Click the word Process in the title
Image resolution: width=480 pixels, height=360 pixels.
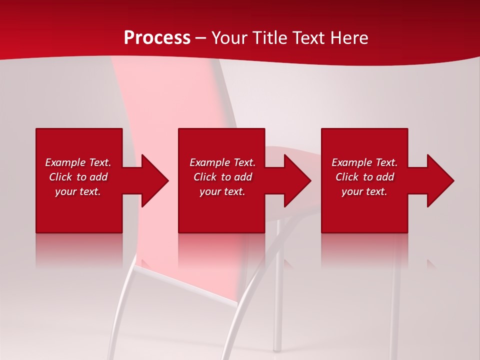pos(157,38)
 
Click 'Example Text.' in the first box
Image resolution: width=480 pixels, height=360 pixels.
pos(78,162)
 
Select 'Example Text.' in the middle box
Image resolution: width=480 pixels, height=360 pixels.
pos(222,162)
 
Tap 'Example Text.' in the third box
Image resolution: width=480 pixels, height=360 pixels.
pos(364,162)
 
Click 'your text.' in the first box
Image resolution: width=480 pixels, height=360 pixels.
pos(78,191)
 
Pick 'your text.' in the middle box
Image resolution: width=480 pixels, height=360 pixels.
pos(222,191)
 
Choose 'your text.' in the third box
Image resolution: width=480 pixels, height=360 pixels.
pos(364,191)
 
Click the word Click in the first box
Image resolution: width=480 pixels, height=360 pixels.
pos(60,177)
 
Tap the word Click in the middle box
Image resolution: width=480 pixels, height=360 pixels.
pos(205,177)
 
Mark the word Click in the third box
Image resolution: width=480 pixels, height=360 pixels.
pos(347,177)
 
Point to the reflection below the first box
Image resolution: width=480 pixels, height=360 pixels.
pos(79,250)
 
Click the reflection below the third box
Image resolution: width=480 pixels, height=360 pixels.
pos(364,250)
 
